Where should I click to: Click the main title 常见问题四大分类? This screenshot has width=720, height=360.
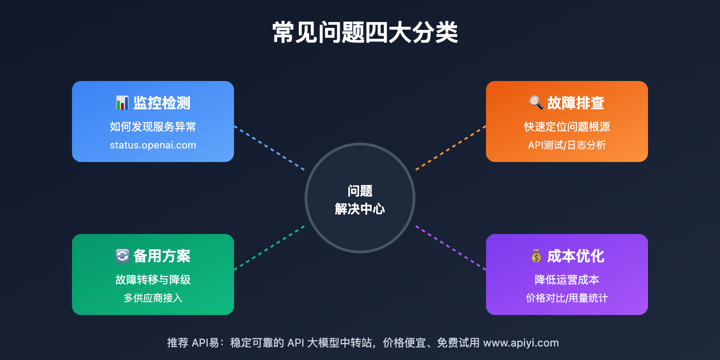pos(365,32)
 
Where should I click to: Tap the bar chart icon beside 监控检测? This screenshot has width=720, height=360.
pos(122,103)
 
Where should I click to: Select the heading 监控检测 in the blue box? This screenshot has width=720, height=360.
pos(162,103)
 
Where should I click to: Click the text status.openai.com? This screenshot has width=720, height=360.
pos(153,145)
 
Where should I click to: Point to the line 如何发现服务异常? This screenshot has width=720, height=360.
pos(153,127)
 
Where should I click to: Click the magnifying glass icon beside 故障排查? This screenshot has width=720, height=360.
pos(535,103)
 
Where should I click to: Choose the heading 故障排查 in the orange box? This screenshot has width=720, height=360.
pos(576,103)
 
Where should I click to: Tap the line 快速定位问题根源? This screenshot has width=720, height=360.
pos(567,127)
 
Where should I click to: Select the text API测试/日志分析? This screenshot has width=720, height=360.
pos(567,145)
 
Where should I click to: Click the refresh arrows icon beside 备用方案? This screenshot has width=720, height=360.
pos(122,256)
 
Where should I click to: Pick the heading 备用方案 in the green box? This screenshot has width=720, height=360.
pos(162,256)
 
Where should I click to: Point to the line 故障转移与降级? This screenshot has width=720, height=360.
pos(153,280)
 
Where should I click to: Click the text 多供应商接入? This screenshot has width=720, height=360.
pos(153,298)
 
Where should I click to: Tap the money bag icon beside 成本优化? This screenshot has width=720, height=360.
pos(536,256)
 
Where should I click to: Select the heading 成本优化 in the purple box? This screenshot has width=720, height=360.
pos(576,256)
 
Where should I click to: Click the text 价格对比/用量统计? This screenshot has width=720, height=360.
pos(567,298)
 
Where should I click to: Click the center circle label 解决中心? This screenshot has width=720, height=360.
pos(360,209)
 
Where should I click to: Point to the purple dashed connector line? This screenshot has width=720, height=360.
pos(450,248)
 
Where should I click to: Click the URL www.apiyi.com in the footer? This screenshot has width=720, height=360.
pos(521,343)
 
